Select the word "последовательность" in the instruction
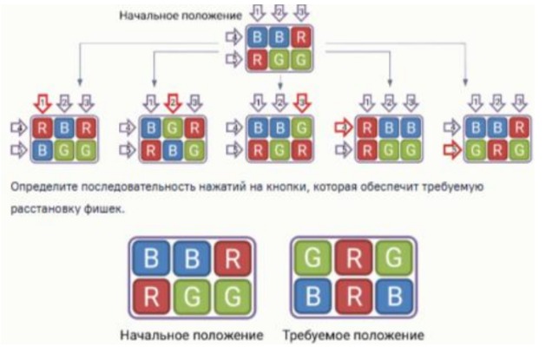tap(153, 187)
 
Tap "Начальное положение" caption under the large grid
tap(192, 334)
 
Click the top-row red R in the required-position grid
tap(354, 258)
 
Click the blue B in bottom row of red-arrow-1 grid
tap(43, 148)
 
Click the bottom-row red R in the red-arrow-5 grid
tap(495, 148)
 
